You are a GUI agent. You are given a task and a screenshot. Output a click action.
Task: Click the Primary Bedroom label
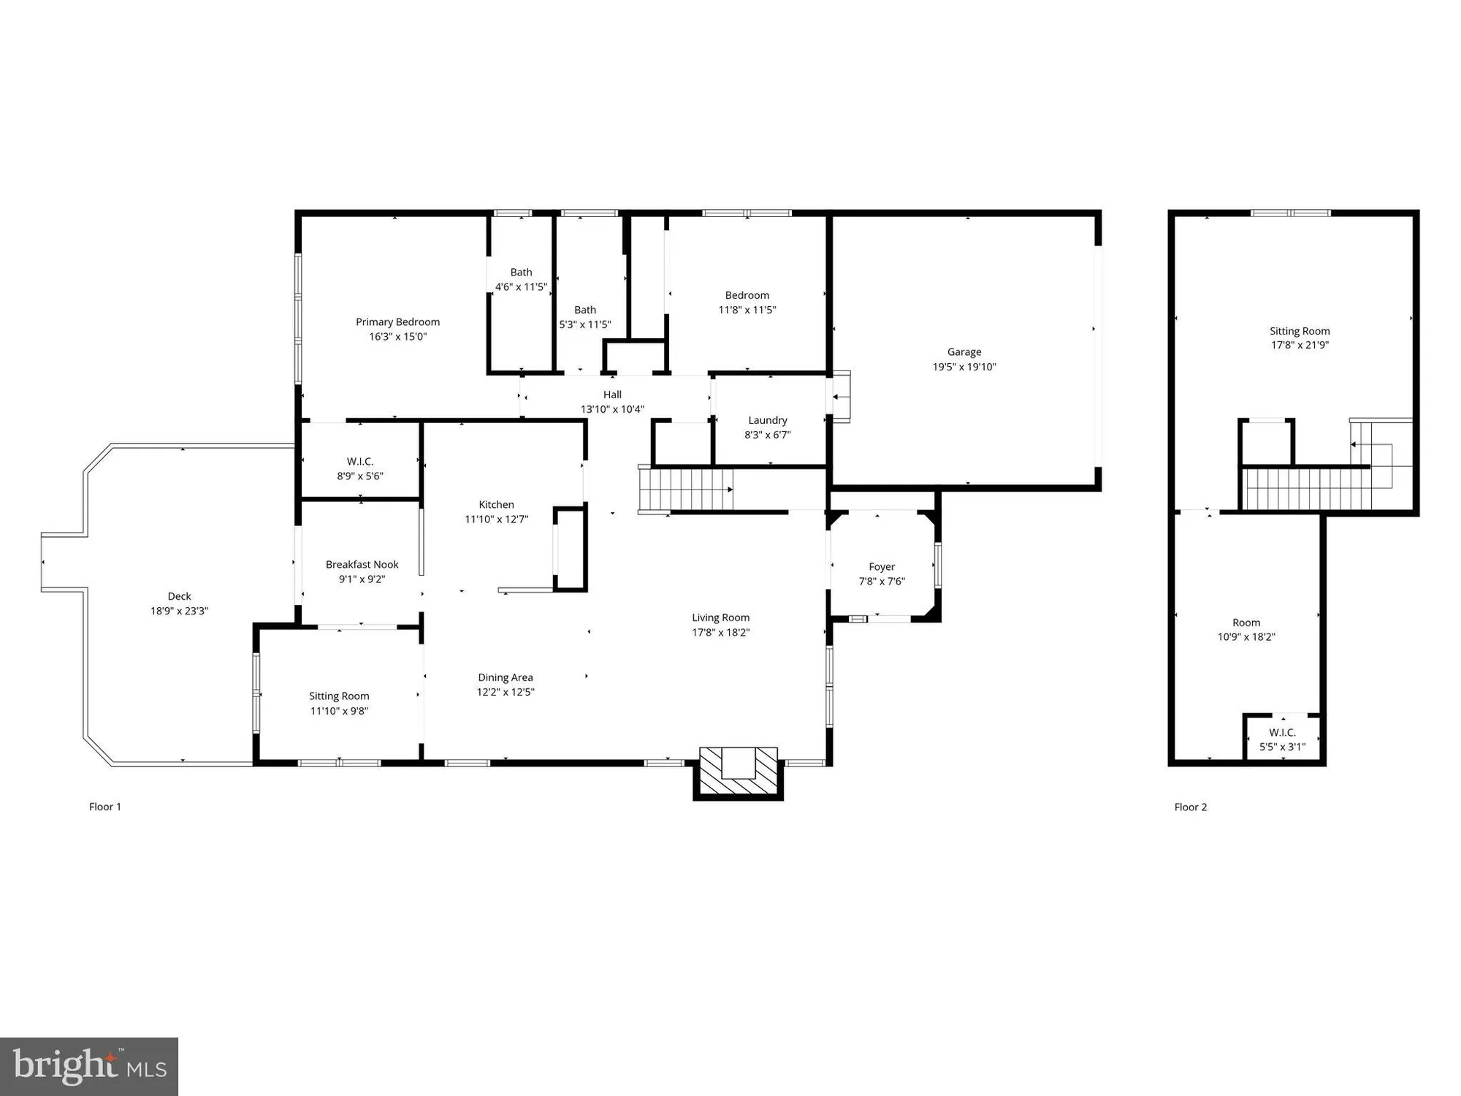(397, 322)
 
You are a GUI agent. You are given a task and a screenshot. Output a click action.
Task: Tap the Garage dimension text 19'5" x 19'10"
(964, 367)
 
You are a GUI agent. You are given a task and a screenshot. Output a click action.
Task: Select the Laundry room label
(768, 420)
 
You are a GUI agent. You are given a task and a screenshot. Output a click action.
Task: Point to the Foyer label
(882, 567)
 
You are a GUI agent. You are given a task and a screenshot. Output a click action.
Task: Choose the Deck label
(179, 596)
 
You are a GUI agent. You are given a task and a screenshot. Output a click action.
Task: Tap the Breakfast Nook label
(362, 564)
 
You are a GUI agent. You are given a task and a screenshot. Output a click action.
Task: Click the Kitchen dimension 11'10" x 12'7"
(497, 520)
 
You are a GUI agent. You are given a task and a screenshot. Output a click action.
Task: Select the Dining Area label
(506, 677)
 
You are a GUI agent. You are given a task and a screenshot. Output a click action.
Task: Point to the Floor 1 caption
(105, 807)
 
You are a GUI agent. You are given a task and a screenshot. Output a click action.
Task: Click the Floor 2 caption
(1191, 807)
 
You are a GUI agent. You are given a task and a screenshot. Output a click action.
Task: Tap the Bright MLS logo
(89, 1067)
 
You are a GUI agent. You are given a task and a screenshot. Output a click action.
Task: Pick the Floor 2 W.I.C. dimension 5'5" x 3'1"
(1283, 747)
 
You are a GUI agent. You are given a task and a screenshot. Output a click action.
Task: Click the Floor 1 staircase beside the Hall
(685, 490)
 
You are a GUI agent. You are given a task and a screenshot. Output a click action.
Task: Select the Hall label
(612, 395)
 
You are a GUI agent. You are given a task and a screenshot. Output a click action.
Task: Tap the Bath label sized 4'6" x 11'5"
(521, 273)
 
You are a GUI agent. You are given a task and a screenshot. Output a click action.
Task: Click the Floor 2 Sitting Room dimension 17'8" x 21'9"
(1300, 345)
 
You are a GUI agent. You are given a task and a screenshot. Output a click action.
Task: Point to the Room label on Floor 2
(1246, 623)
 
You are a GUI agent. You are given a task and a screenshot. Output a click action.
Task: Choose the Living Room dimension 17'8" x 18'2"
(721, 633)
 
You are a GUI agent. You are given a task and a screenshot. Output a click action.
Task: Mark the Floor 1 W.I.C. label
(360, 462)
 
